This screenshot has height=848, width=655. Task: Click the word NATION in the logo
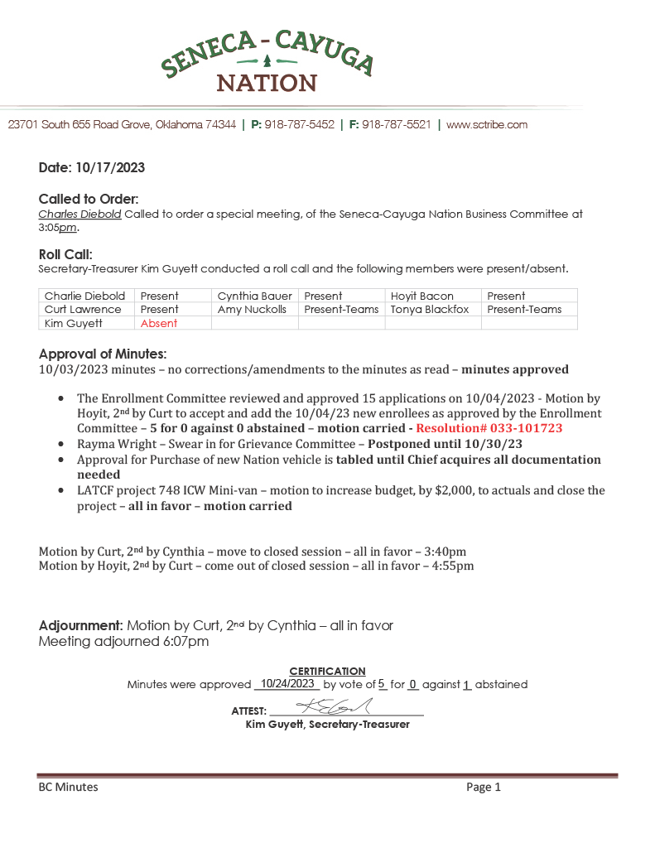tap(267, 84)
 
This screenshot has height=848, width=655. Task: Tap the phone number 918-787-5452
tap(299, 125)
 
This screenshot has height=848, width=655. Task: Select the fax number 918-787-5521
tap(397, 125)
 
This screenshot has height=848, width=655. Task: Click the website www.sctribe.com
tap(487, 125)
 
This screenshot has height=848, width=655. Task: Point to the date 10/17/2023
tap(110, 167)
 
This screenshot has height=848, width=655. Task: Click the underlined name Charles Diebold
tap(80, 214)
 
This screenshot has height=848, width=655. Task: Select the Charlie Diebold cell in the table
tap(85, 296)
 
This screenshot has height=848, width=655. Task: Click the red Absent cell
tap(159, 323)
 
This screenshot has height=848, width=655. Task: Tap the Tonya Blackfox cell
tap(430, 309)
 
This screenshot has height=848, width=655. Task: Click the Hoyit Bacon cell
tap(422, 296)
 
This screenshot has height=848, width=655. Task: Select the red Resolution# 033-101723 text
tap(478, 428)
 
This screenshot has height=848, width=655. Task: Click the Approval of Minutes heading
tap(103, 353)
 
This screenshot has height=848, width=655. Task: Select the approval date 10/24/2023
tap(287, 684)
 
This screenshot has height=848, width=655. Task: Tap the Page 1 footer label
tap(484, 788)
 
